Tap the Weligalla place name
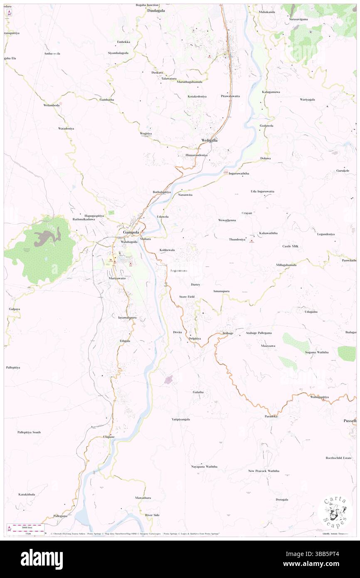[x=210, y=140]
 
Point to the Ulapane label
[x=108, y=437]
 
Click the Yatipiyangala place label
[x=181, y=419]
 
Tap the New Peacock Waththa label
[x=264, y=471]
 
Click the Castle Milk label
[x=291, y=246]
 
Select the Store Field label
[x=187, y=296]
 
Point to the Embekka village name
[x=123, y=42]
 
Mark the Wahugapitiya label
[x=319, y=397]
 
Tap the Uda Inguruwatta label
[x=262, y=191]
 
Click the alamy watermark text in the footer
[x=42, y=559]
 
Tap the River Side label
[x=152, y=515]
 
